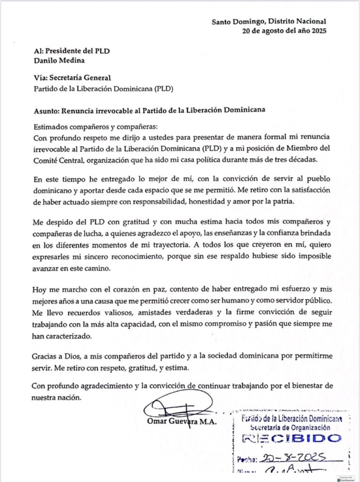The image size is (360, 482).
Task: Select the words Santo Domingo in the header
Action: [234, 21]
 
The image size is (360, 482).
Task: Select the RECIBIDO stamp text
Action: [292, 439]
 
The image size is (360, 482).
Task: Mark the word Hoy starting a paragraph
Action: [41, 289]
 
